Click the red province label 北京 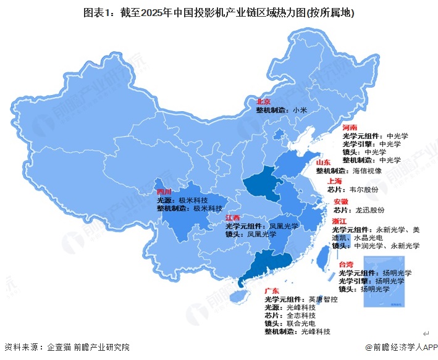coord(264,101)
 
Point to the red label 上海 coord(335,182)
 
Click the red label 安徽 coord(341,202)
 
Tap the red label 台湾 coord(346,264)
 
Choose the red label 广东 coord(272,290)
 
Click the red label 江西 coord(233,218)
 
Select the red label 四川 coord(164,192)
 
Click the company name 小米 coord(300,109)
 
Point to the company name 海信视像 coord(368,170)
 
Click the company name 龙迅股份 coord(368,211)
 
